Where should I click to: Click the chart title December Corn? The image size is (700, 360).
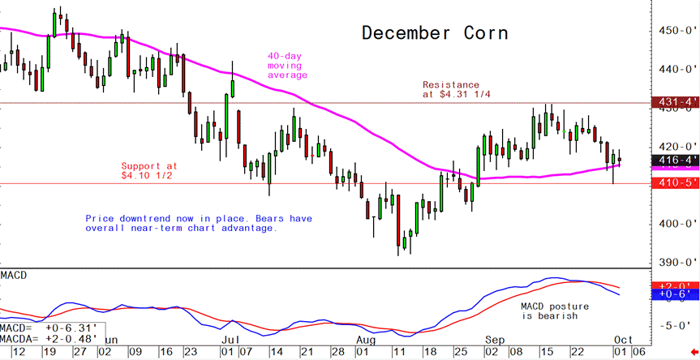click(435, 33)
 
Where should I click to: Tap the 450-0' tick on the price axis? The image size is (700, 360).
click(675, 31)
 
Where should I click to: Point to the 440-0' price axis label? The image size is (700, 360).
click(675, 69)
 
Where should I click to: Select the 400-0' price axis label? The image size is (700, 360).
click(675, 223)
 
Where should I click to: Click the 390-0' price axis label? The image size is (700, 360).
click(675, 262)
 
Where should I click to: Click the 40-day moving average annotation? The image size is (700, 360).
click(288, 66)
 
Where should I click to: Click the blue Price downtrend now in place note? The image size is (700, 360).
click(199, 223)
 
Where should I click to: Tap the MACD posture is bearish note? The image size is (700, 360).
click(548, 311)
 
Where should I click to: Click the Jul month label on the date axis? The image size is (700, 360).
click(230, 339)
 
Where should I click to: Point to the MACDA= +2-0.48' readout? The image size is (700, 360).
click(49, 338)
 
